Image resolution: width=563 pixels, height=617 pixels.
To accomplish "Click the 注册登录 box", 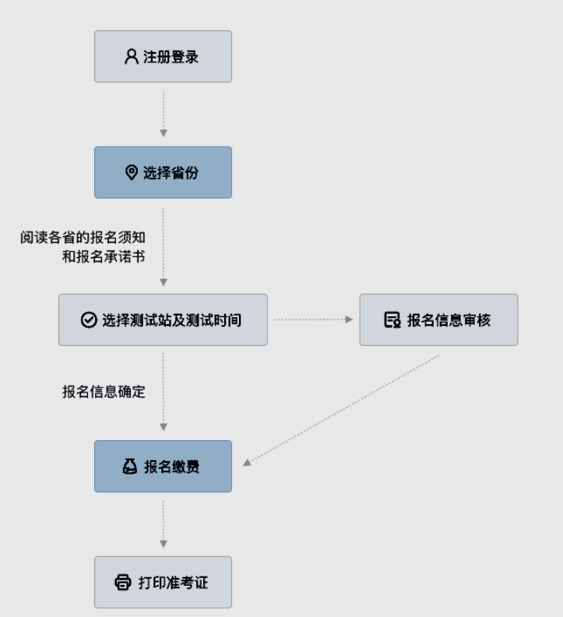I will point(163,57).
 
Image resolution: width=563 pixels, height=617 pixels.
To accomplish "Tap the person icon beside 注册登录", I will point(131,57).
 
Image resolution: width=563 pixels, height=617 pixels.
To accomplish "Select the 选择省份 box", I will point(163,172).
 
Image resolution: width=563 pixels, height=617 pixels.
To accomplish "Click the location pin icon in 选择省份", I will point(131,172).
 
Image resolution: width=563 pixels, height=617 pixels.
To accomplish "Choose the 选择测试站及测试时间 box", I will point(163,319).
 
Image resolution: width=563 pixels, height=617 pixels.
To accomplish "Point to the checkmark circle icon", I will point(88,319).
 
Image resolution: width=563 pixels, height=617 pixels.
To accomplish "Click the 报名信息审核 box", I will point(438,319).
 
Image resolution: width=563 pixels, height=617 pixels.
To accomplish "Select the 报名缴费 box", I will point(163,466).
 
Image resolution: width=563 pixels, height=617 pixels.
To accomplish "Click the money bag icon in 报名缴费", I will point(129,466).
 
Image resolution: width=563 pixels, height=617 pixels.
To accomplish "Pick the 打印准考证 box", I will point(163,582).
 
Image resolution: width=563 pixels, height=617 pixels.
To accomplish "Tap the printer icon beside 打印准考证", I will point(123,582).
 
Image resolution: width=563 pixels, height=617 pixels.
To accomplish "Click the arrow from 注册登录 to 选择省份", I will point(163,114).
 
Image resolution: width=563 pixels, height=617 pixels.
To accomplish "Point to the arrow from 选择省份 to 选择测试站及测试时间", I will point(163,245).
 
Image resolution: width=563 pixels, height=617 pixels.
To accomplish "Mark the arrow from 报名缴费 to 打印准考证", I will point(163,524).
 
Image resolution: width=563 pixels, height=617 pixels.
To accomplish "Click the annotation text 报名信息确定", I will point(104,392).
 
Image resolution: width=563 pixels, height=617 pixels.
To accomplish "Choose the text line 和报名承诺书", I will point(104,256).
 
